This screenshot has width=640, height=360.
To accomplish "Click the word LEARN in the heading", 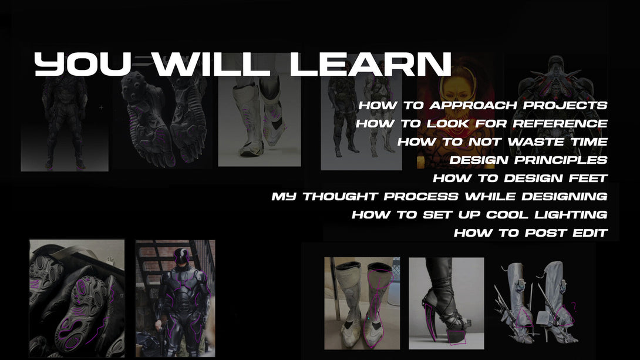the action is tap(370, 64).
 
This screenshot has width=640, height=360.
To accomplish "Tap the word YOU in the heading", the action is tap(82, 64).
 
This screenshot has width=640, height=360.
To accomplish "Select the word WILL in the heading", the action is tap(211, 64).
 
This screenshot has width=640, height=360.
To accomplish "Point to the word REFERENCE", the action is tap(560, 123).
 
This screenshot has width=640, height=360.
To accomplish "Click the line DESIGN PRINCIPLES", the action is tap(528, 160).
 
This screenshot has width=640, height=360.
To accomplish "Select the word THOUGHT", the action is tap(339, 196).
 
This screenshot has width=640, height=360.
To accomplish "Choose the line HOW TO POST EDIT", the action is tap(531, 233).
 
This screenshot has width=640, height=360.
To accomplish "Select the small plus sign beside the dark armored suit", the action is tap(101, 107).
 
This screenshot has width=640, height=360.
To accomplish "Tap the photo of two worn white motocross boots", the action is tap(362, 303).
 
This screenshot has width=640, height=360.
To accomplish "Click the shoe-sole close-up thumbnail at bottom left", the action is tap(77, 298).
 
